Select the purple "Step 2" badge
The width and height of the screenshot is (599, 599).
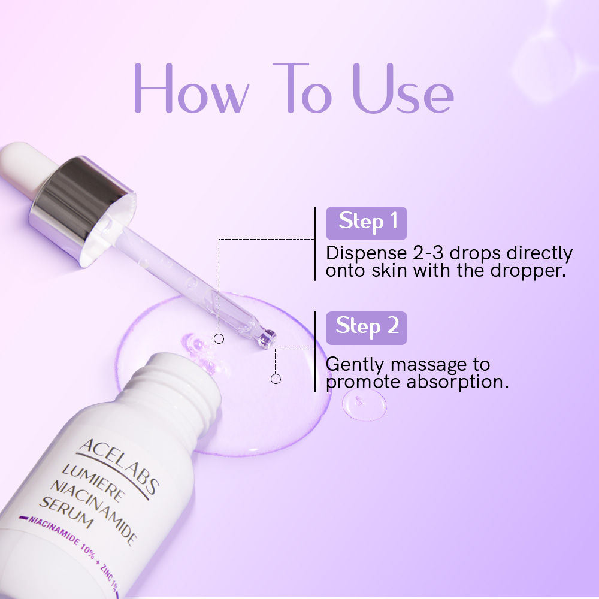(367, 327)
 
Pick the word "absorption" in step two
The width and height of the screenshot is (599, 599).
(458, 382)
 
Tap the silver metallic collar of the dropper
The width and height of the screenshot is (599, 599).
(84, 207)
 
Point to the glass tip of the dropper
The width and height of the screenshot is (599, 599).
(265, 338)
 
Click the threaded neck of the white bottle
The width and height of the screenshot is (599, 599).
(174, 383)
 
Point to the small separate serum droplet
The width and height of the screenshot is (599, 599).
(364, 405)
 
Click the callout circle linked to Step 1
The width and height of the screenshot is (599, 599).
(219, 338)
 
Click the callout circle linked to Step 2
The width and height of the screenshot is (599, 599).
(276, 379)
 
